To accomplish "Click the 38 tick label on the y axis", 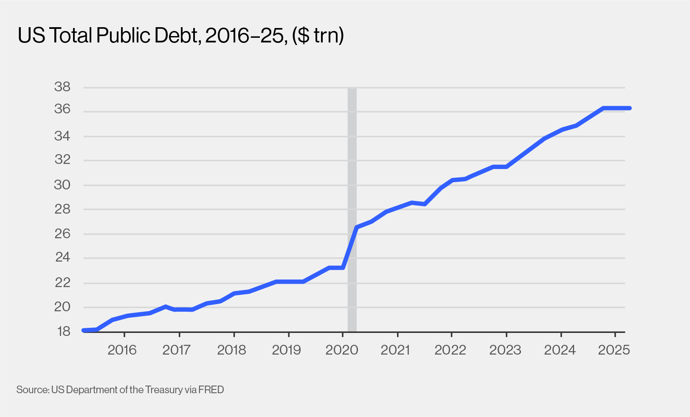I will (x=62, y=87).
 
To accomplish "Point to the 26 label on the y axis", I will (x=62, y=234).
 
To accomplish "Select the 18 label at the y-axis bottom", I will (x=63, y=331).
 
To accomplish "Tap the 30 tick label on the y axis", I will (x=62, y=185).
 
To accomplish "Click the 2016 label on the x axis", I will (x=122, y=350).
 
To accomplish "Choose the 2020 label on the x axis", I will (x=342, y=350).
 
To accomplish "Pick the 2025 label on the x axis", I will (x=614, y=350).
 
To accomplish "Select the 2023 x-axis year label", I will (x=505, y=350).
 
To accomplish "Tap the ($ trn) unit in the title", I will (x=318, y=36).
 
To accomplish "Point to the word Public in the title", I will (x=122, y=36).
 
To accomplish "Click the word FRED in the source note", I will (x=211, y=389).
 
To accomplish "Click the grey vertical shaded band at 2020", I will (x=352, y=170).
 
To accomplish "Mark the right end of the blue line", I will (x=630, y=108).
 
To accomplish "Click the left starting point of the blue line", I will (x=84, y=330).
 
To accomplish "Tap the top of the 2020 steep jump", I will (x=357, y=228).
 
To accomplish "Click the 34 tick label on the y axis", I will (x=62, y=136).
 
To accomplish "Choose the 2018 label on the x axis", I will (x=231, y=350).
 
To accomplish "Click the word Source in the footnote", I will (x=32, y=389).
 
